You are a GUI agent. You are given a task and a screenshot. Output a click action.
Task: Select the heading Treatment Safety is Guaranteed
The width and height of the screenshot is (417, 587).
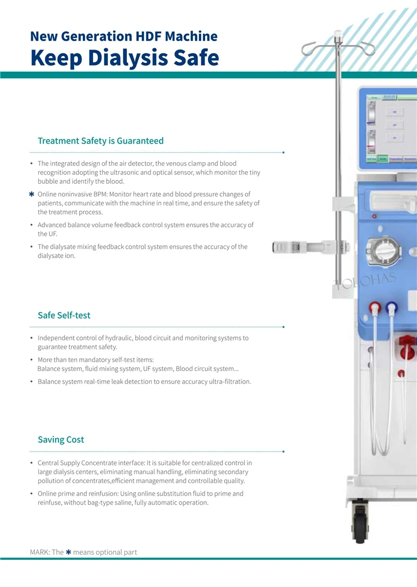tap(101, 141)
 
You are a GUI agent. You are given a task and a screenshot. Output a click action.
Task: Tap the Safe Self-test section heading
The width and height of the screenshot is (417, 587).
tap(64, 315)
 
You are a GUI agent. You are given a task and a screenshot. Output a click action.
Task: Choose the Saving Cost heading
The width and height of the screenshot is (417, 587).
tap(61, 439)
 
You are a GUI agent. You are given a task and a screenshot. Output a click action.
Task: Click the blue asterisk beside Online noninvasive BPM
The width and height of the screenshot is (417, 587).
tap(32, 194)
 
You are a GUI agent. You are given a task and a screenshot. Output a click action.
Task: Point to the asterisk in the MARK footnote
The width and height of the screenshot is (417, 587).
tap(68, 552)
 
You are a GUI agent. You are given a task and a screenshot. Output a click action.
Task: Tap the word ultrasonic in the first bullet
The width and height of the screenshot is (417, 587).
tap(165, 172)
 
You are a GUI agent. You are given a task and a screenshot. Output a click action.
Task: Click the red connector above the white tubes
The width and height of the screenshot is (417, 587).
tap(375, 307)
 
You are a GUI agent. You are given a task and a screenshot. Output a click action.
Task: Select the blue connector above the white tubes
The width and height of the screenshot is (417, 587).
tap(392, 307)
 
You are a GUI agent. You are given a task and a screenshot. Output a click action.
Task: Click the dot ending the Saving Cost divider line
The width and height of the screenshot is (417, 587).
tap(284, 451)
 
